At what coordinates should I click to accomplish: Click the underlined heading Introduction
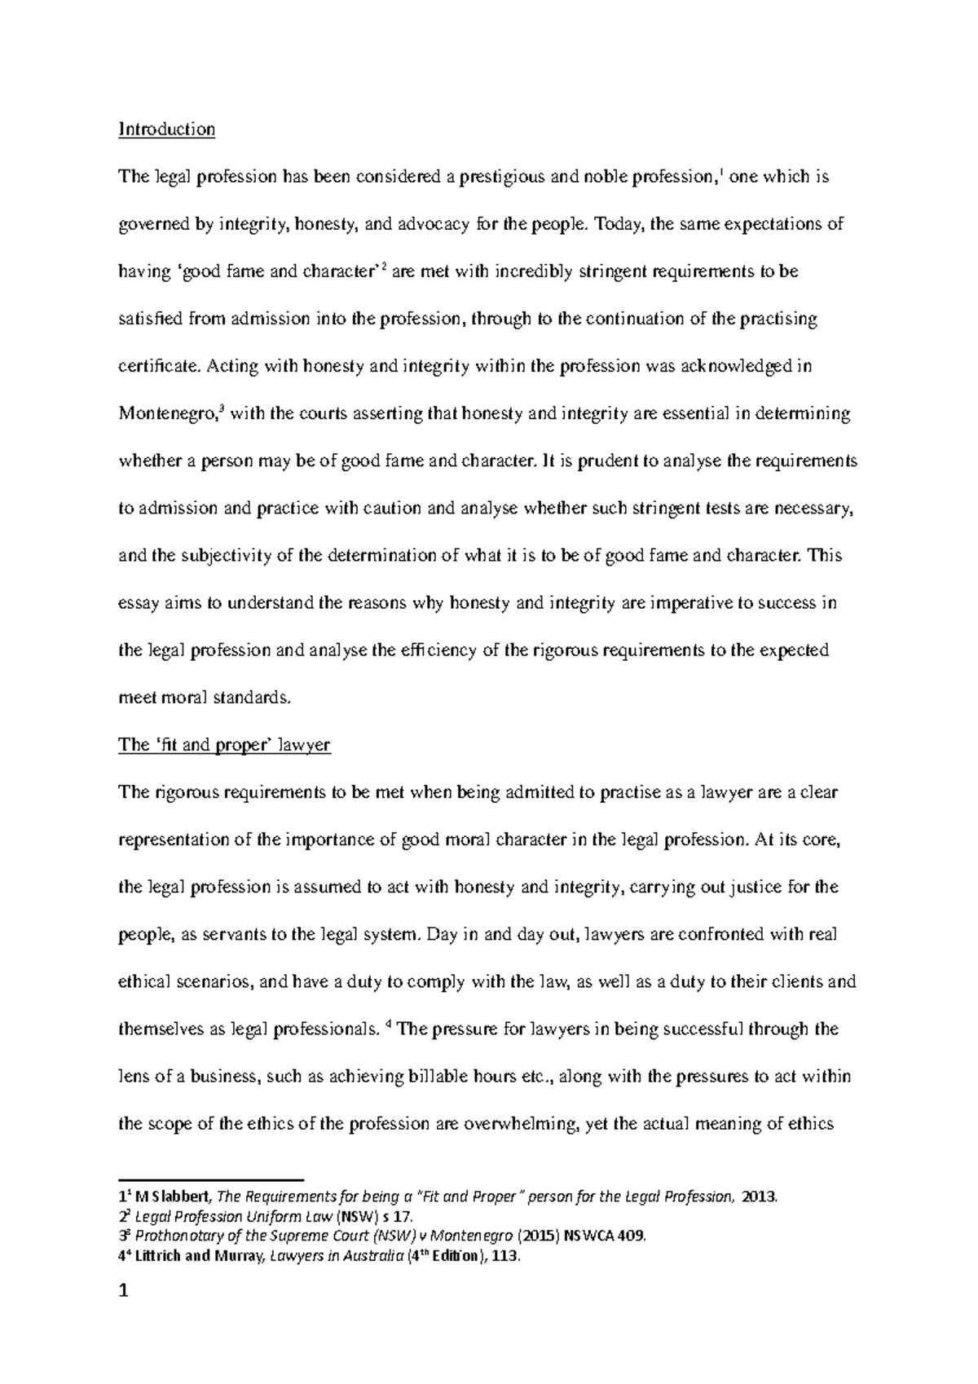pos(166,130)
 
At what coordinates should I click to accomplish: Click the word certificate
pos(157,367)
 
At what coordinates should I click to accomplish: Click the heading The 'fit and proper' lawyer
pos(224,745)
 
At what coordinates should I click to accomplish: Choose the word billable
pos(451,1076)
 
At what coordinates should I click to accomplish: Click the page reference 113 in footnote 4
pos(506,1256)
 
